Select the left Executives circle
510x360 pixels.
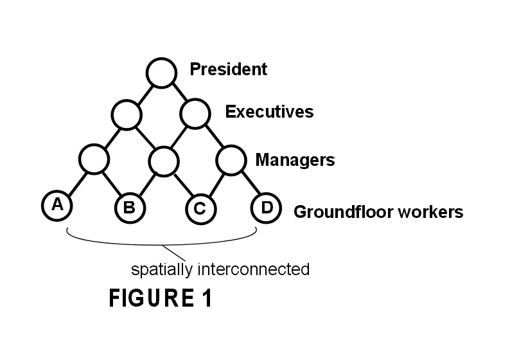coord(126,115)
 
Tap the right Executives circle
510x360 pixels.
coord(195,115)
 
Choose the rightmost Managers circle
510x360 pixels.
coord(232,159)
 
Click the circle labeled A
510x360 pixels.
coord(57,205)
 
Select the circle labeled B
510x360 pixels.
coord(129,207)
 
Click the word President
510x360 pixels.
coord(228,69)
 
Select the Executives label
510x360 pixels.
coord(269,112)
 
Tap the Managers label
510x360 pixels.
coord(295,159)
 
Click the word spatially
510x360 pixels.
coord(156,269)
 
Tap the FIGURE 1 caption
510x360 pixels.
coord(160,299)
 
